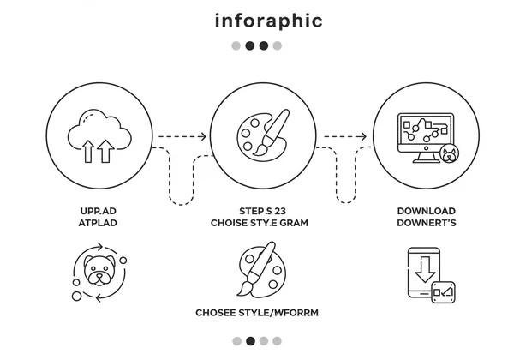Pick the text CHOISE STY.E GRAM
tap(260, 223)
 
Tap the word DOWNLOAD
tap(426, 211)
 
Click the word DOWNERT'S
tap(426, 223)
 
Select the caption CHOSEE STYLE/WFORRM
tap(257, 313)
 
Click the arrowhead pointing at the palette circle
tap(204, 136)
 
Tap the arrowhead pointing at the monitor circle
tap(366, 136)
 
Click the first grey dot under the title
tap(236, 45)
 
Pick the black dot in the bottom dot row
tap(250, 341)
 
